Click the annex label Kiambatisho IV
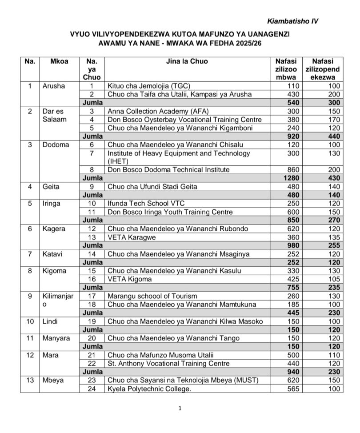click(293, 21)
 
